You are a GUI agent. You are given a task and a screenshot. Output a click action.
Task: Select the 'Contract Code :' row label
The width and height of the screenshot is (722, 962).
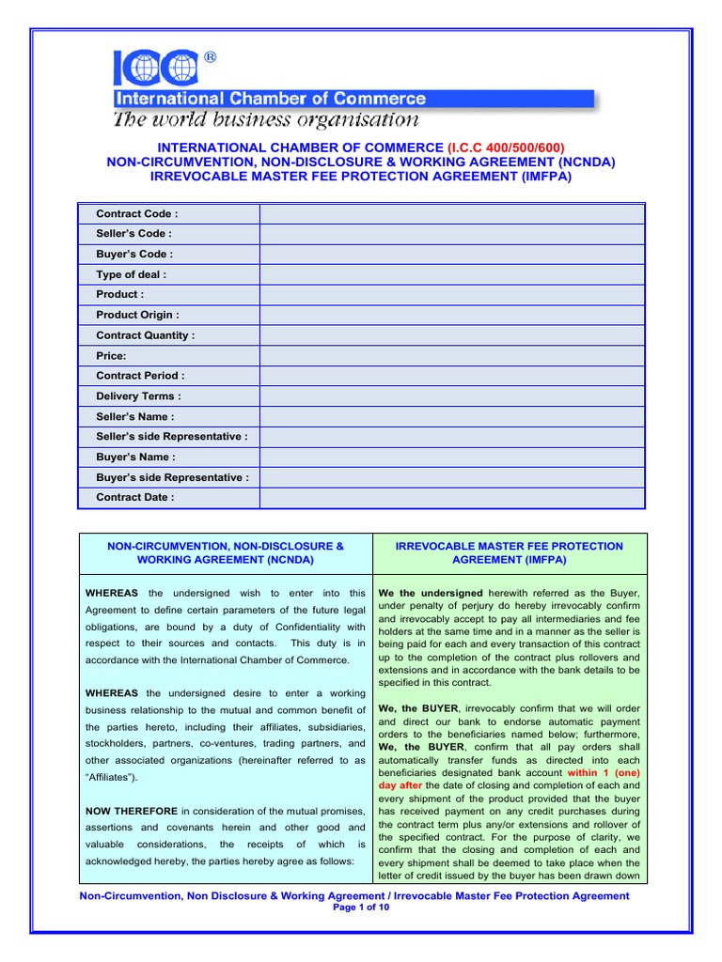pos(137,214)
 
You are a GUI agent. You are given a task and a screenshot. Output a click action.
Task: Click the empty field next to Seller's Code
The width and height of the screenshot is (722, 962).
pos(451,234)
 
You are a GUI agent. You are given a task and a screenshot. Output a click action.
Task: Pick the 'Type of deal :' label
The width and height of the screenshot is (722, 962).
pos(132,274)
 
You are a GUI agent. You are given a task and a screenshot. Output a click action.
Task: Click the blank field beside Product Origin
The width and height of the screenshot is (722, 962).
pos(451,315)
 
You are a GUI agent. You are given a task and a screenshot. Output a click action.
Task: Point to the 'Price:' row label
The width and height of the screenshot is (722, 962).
pos(111,356)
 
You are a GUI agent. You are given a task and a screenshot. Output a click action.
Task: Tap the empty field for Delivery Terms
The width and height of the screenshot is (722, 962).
pos(451,396)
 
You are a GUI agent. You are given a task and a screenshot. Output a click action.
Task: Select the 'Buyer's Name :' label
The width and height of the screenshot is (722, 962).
pos(135,458)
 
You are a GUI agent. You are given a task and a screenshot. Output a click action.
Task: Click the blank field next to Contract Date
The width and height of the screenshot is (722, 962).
pos(451,498)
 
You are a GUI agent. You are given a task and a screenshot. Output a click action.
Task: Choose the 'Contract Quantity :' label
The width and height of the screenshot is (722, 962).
pos(146,335)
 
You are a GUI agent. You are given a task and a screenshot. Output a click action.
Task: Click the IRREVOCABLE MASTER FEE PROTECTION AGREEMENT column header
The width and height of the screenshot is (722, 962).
pos(509,552)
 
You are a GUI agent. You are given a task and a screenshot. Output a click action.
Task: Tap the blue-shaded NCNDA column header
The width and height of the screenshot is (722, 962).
pos(226,552)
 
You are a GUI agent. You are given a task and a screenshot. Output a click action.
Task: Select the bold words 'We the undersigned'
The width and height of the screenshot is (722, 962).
pos(431,594)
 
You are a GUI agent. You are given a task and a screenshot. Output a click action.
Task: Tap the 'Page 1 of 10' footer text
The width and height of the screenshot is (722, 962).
pos(361,908)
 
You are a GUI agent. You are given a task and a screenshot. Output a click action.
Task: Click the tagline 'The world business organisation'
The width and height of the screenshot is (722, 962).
pos(266,119)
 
